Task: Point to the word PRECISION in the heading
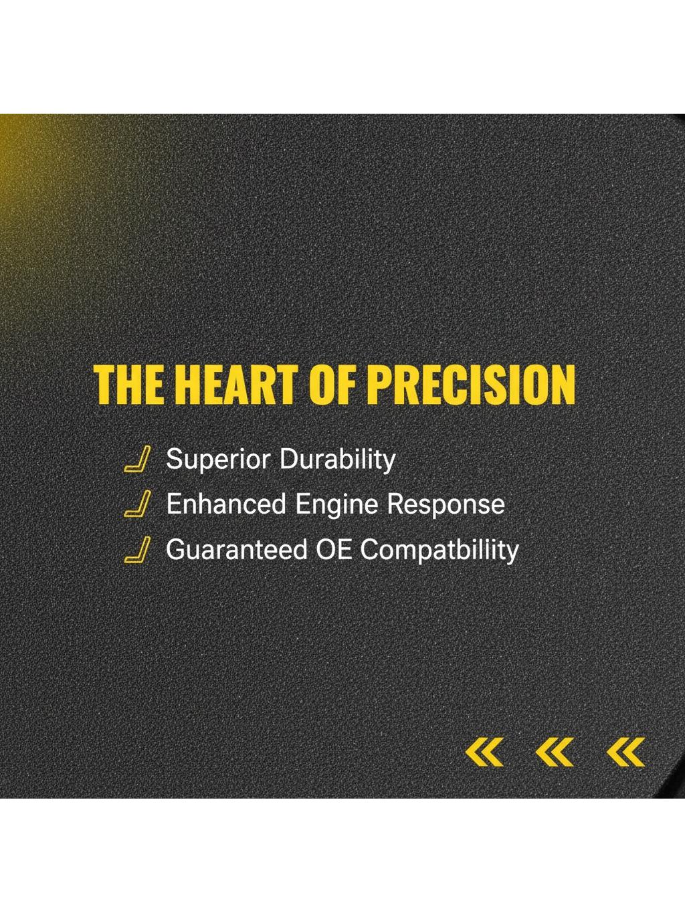point(472,385)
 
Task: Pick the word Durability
point(337,460)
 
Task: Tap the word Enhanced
point(226,504)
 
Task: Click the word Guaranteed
point(237,550)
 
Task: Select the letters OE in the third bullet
point(334,550)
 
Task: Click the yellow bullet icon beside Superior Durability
point(137,460)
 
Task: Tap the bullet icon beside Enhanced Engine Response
point(137,503)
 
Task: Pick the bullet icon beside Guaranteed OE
point(137,549)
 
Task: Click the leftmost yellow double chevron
point(484,752)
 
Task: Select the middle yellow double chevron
point(555,752)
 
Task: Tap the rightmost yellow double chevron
point(625,752)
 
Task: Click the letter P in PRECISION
point(381,385)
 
